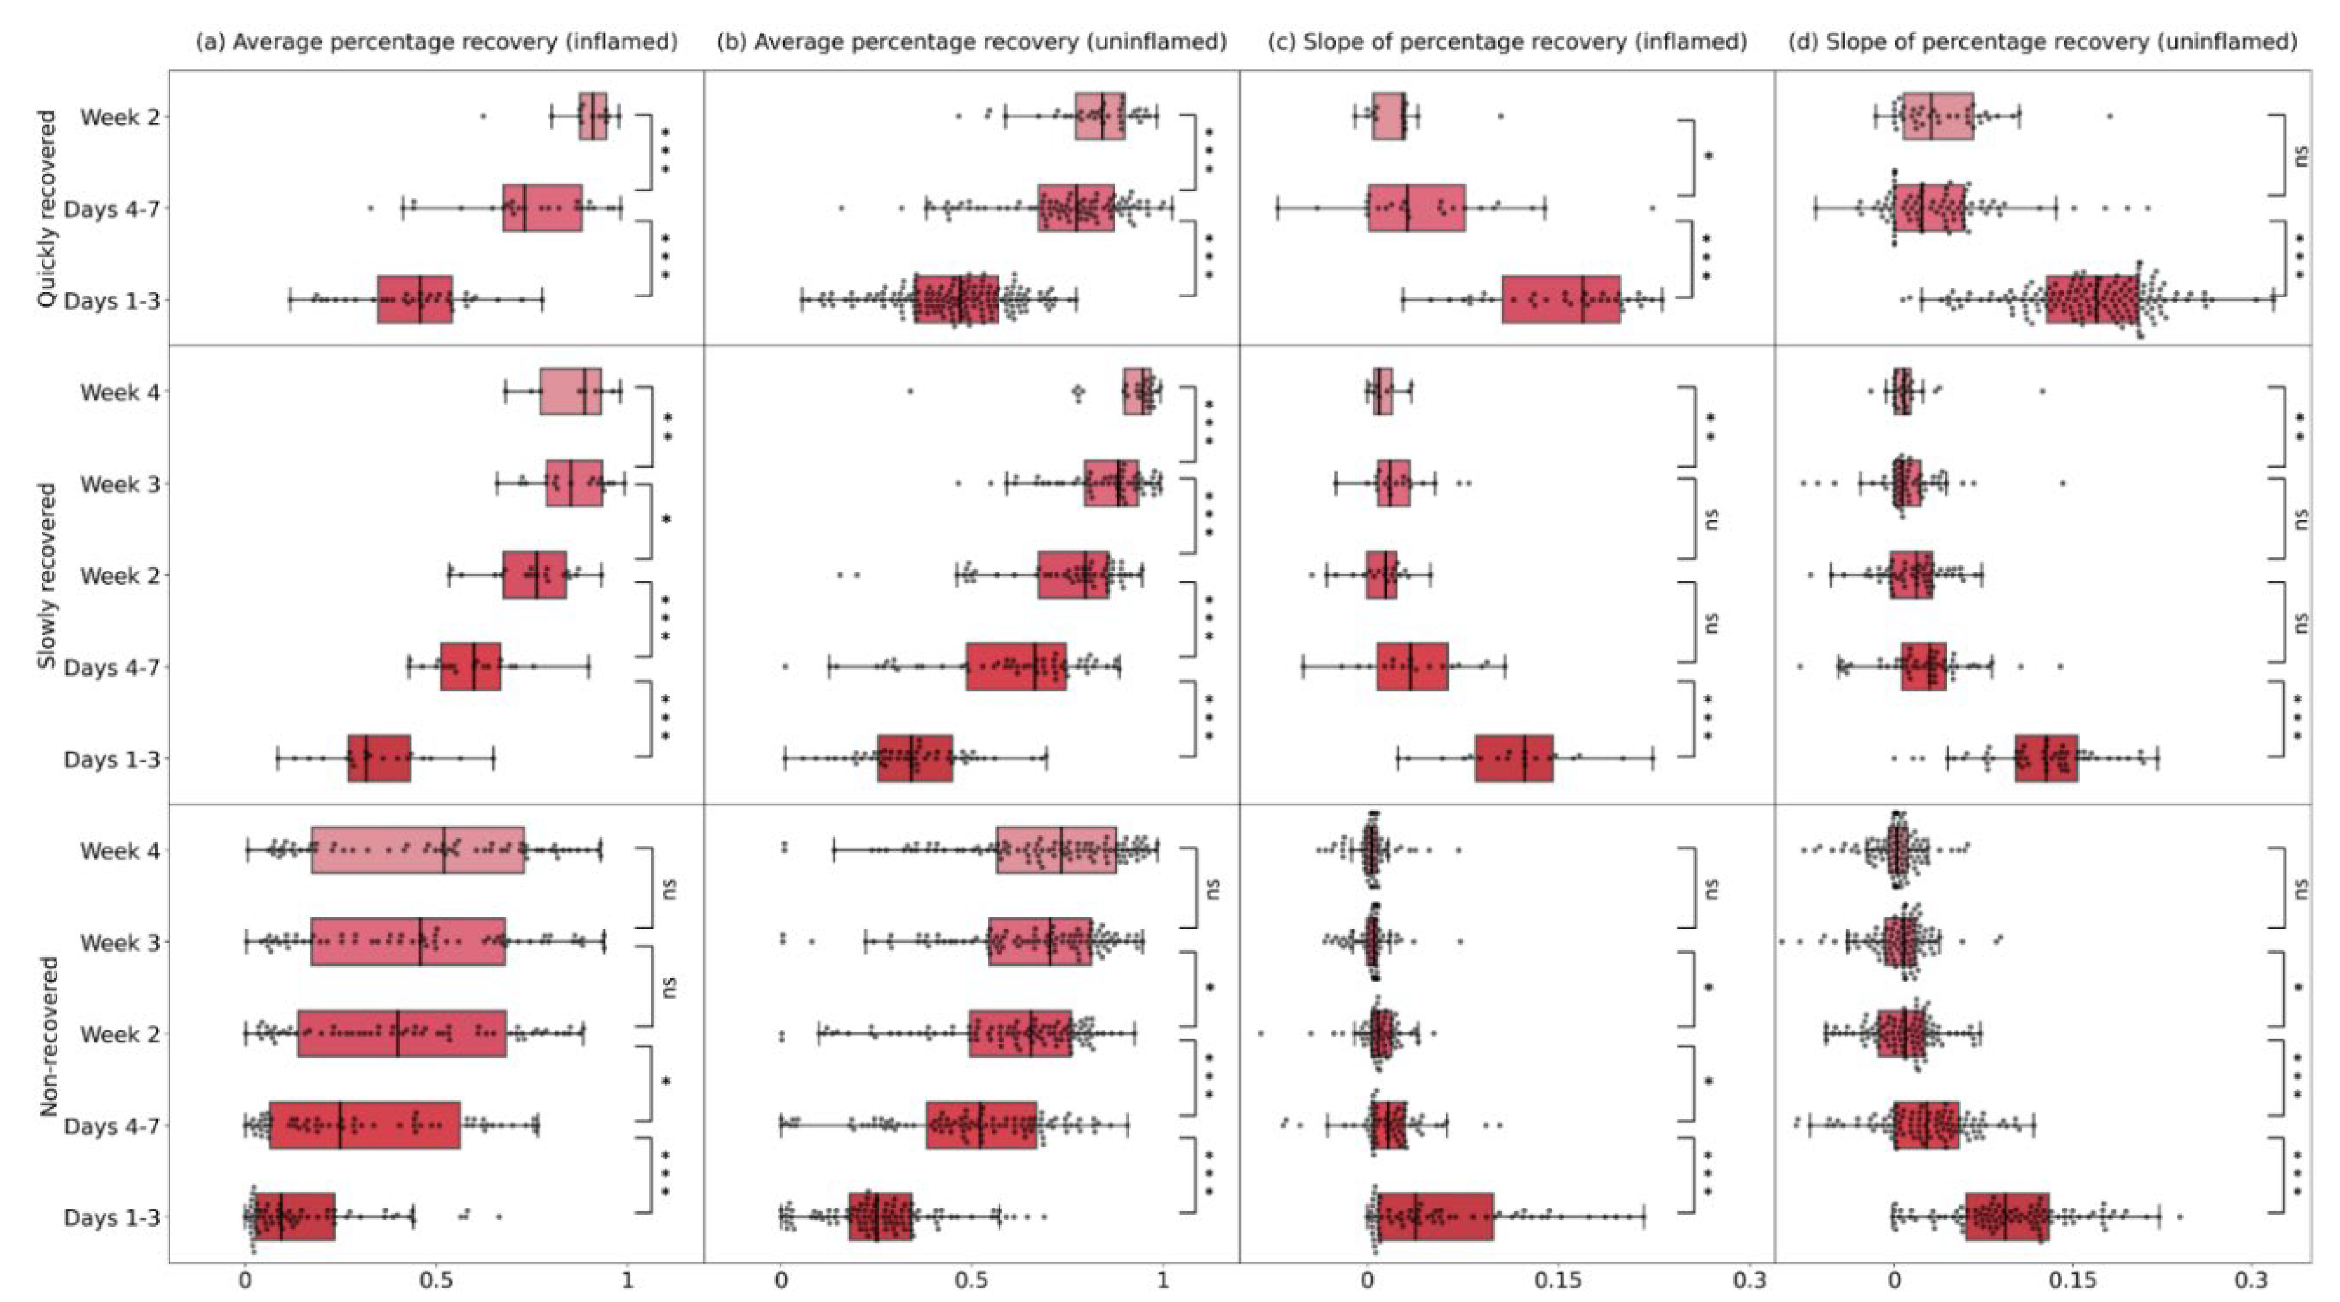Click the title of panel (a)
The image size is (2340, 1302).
[x=436, y=41]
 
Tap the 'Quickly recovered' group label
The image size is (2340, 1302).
[x=47, y=209]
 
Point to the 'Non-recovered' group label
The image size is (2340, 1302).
[x=49, y=1035]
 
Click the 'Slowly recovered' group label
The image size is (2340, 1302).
[x=47, y=576]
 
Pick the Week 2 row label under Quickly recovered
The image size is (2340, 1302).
[x=120, y=118]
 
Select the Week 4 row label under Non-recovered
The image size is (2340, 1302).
[x=120, y=851]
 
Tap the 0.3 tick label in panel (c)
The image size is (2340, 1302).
[x=1749, y=1281]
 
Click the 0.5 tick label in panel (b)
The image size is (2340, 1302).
[x=971, y=1281]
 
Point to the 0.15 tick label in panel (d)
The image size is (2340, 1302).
[x=2072, y=1281]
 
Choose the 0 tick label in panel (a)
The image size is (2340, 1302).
[x=245, y=1281]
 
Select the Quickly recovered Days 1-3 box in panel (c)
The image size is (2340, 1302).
[x=1560, y=299]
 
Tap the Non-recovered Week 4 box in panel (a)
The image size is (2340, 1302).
[x=418, y=850]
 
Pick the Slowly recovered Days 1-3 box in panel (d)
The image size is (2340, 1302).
[x=2046, y=758]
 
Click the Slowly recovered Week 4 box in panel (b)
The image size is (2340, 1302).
[x=1137, y=391]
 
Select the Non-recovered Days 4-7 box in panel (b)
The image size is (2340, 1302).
[x=981, y=1125]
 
